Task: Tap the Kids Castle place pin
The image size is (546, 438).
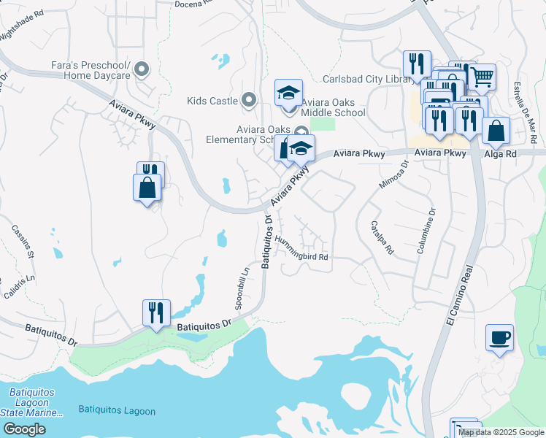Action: tap(249, 100)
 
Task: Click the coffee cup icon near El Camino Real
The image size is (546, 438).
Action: tap(499, 337)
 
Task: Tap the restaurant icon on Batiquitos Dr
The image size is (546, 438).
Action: tap(156, 313)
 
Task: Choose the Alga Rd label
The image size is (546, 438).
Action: tap(501, 154)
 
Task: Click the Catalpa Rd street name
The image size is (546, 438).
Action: tap(382, 237)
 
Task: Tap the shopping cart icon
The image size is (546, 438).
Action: tap(482, 76)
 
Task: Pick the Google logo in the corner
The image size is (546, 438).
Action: tap(24, 429)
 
